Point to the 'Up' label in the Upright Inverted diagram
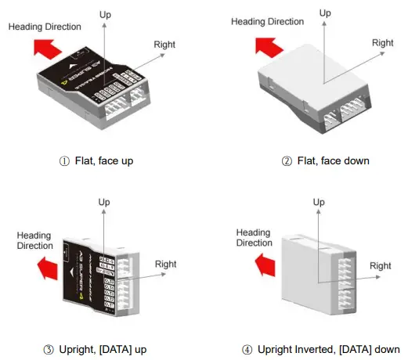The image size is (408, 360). pos(319,202)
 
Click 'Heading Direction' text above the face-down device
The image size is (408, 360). pos(267,21)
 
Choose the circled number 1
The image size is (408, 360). pos(64,160)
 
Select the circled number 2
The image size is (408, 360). pos(287,160)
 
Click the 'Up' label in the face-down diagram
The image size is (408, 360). pos(325,13)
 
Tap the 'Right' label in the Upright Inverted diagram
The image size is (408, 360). pos(381,266)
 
